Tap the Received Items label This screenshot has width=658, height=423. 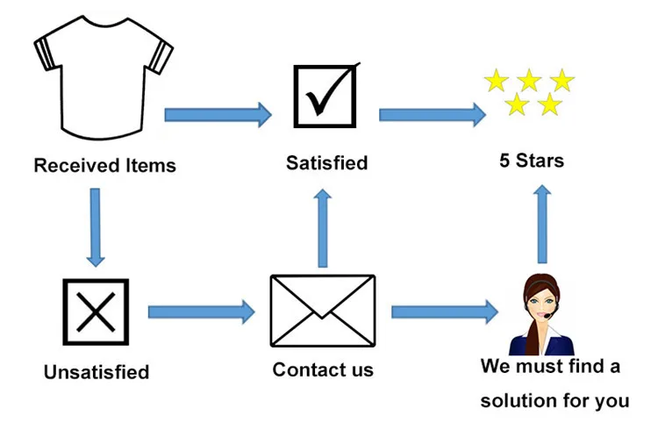point(104,165)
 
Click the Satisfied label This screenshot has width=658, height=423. point(326,162)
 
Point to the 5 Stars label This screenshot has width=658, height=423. point(531,161)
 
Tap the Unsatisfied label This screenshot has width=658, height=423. point(97,372)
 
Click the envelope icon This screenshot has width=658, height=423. point(322,312)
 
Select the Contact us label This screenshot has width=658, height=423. point(323,369)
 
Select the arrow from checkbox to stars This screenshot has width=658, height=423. point(433,114)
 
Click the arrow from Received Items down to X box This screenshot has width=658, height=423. point(95,226)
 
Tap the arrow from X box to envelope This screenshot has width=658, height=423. point(201,311)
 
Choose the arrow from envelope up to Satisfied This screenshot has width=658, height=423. point(323,227)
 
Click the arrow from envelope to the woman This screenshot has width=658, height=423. point(443,311)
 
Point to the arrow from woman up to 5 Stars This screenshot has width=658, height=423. point(542,223)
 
